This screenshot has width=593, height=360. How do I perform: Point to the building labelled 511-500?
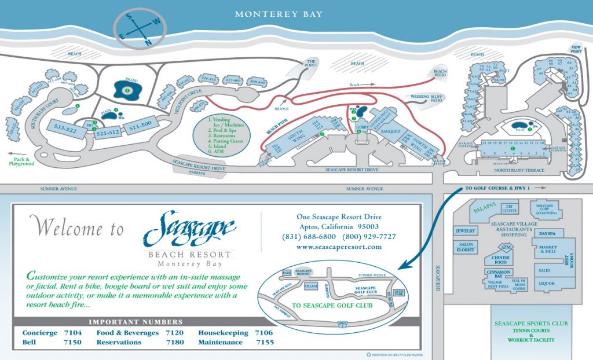pyautogui.click(x=140, y=124)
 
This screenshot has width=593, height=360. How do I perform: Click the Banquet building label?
pyautogui.click(x=390, y=131)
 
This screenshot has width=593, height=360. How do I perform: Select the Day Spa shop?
pyautogui.click(x=547, y=233)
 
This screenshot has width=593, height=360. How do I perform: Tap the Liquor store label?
pyautogui.click(x=546, y=283)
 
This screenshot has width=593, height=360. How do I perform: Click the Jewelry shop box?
pyautogui.click(x=466, y=230)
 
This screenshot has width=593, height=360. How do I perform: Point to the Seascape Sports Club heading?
pyautogui.click(x=529, y=324)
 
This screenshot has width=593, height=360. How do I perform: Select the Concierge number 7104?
pyautogui.click(x=72, y=333)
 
